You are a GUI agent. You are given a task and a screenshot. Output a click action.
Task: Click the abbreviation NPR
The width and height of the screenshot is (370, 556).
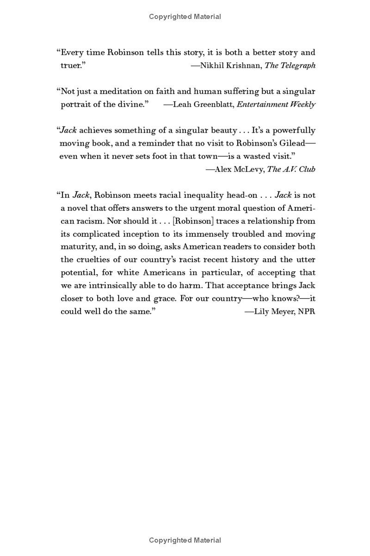click(306, 312)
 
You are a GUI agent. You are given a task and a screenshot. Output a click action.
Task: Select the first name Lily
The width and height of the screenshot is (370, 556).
click(263, 312)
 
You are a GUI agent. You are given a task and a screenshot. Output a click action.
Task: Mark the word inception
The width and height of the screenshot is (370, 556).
click(141, 234)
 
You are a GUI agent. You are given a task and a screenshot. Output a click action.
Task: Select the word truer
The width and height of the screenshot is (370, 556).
click(73, 66)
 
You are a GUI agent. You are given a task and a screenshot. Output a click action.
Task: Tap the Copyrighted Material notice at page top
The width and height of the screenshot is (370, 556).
click(185, 17)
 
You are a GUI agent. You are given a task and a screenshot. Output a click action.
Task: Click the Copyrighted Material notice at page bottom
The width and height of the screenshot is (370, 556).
click(185, 540)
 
